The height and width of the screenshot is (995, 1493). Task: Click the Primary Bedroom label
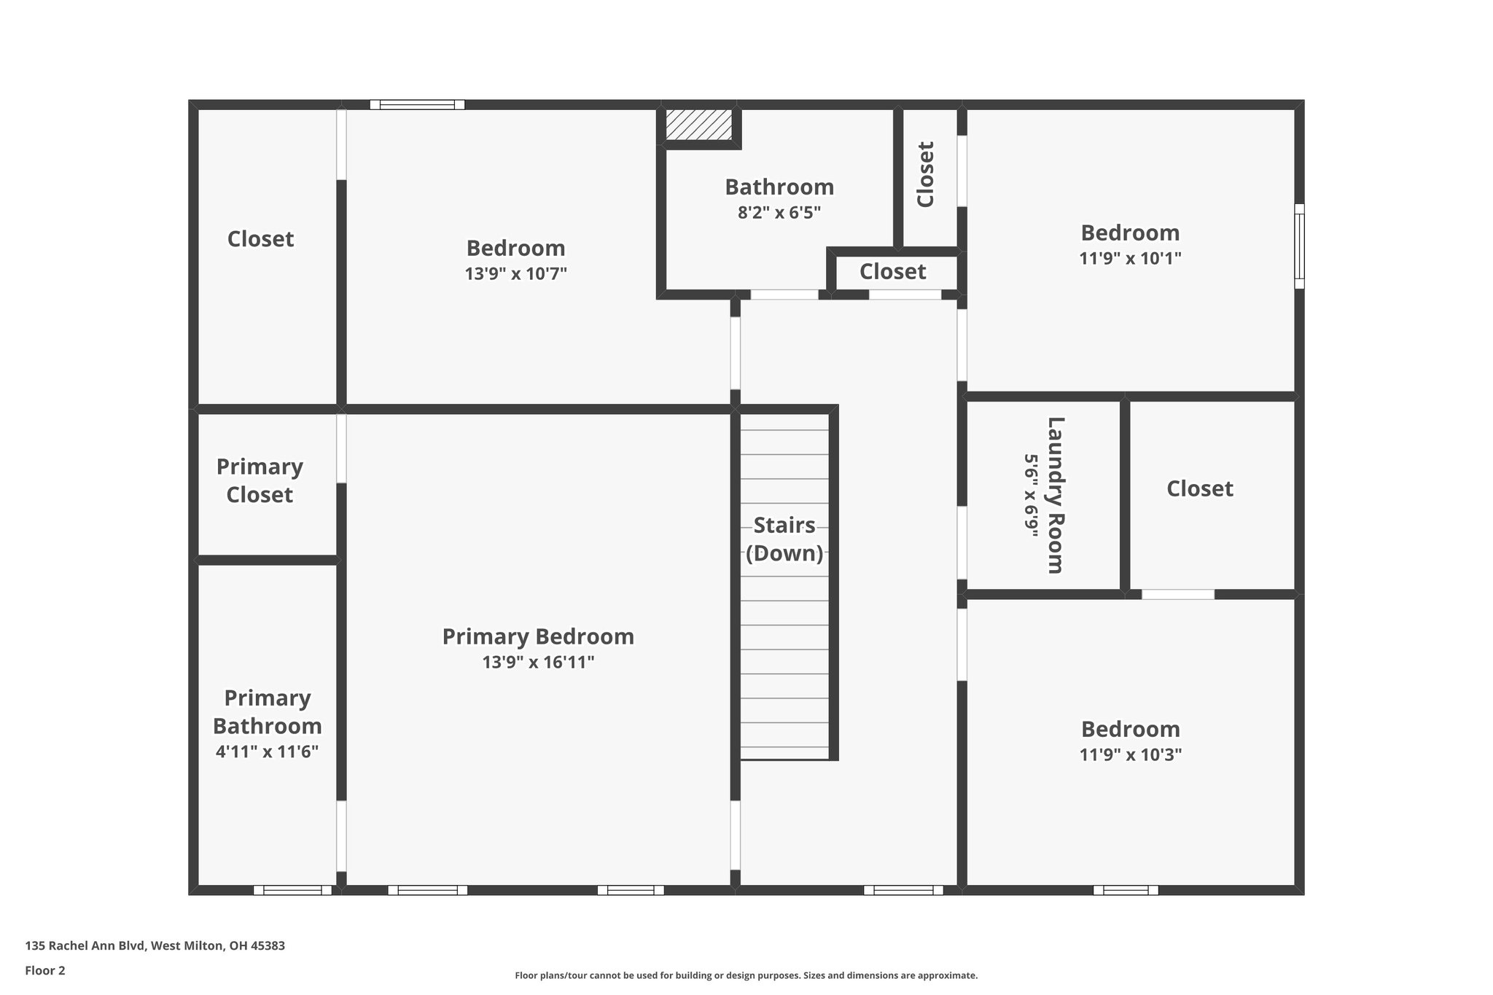click(x=538, y=636)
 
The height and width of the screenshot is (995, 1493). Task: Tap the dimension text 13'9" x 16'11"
click(x=538, y=663)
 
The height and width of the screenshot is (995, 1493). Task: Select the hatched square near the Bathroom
click(x=698, y=125)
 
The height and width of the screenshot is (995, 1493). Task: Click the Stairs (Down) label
click(x=784, y=539)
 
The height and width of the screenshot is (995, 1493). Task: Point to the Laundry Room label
click(x=1056, y=495)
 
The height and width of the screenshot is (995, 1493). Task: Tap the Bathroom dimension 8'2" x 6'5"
click(x=779, y=213)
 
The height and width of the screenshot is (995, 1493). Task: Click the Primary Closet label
click(x=260, y=480)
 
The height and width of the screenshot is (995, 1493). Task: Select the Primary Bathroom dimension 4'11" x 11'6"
click(x=267, y=752)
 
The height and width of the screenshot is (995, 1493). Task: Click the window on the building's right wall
click(x=1299, y=246)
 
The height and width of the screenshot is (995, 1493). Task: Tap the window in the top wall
click(x=417, y=105)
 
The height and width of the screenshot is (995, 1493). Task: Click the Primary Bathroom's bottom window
click(x=292, y=890)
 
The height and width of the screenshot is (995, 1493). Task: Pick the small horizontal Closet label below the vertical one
click(x=892, y=272)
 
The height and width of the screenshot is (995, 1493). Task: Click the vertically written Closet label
click(x=925, y=174)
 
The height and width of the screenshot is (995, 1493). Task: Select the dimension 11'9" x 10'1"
click(x=1130, y=259)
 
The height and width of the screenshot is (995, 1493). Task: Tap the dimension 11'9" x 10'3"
click(x=1130, y=755)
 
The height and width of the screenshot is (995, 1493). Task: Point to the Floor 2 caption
click(x=45, y=970)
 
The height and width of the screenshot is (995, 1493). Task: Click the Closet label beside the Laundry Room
click(x=1199, y=488)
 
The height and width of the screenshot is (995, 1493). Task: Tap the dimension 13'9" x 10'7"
click(x=515, y=274)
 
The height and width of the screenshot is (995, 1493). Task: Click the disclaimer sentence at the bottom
click(x=746, y=975)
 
